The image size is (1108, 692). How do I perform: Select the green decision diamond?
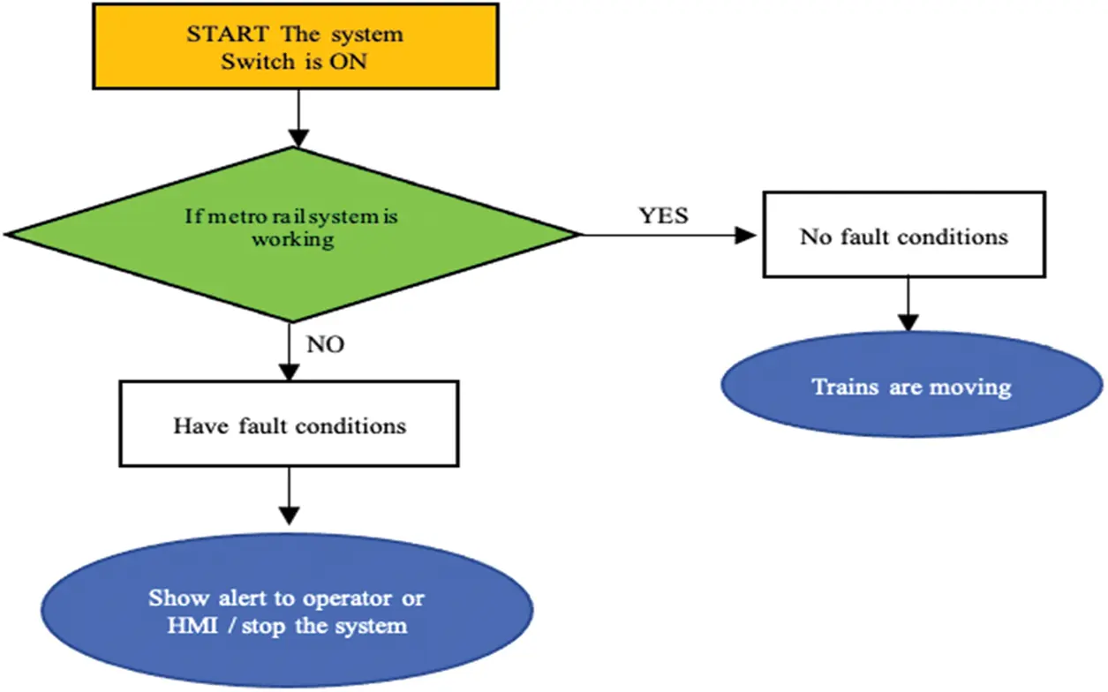tap(292, 234)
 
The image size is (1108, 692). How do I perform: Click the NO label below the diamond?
tap(325, 344)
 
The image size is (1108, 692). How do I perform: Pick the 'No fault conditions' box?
tap(903, 237)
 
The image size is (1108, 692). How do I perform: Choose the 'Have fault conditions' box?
tap(289, 425)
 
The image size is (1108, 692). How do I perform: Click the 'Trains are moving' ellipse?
tap(911, 386)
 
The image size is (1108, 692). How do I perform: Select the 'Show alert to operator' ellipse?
tap(287, 612)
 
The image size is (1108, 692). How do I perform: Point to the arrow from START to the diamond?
tap(299, 118)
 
